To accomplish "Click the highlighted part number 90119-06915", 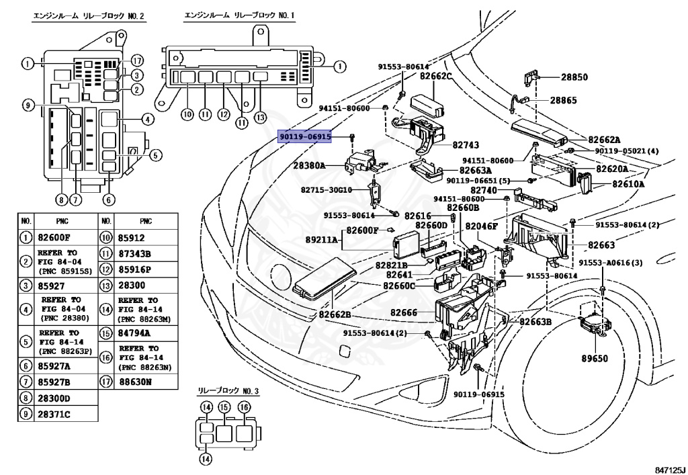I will [306, 136].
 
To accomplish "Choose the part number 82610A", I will [628, 183].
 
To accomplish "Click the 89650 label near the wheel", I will [594, 358].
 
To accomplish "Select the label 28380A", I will [308, 165].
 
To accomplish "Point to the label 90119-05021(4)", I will [626, 151].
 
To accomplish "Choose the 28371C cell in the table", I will [54, 414].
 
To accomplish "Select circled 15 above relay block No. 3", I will [224, 407].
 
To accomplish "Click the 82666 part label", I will [404, 312].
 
